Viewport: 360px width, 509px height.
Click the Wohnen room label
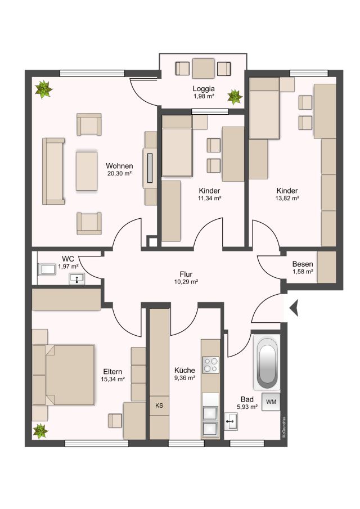[119, 166]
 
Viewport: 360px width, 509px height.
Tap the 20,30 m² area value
[119, 173]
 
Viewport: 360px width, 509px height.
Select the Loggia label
[204, 89]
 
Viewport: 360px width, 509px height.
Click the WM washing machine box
[271, 402]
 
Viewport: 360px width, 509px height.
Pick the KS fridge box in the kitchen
[159, 406]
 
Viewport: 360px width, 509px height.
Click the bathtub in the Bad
[267, 362]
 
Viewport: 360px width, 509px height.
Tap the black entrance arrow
[294, 308]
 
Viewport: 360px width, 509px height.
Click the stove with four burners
[210, 365]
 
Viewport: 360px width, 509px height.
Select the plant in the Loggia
[235, 97]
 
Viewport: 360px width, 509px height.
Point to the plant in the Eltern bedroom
[40, 431]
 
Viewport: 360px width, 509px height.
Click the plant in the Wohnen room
[43, 89]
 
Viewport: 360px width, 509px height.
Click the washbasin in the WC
[76, 278]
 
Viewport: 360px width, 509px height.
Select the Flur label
[186, 274]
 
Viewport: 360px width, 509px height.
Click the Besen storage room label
[302, 264]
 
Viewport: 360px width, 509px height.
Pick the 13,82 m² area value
[287, 198]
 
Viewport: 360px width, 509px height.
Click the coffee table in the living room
[87, 171]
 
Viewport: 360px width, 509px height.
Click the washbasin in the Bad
[231, 421]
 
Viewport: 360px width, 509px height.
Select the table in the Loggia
[203, 69]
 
